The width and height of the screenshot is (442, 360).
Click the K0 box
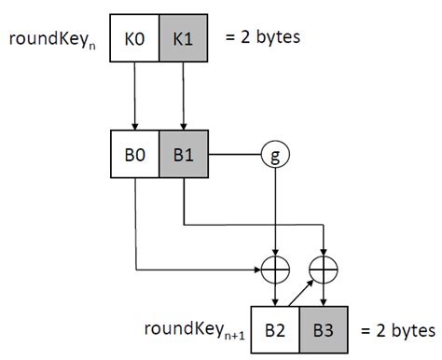[x=135, y=40]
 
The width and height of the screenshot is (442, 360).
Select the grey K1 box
[x=183, y=40]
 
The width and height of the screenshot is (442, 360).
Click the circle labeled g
[x=276, y=152]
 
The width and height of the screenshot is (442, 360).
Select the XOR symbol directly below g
[x=276, y=267]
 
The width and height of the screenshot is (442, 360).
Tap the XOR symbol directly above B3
[x=323, y=267]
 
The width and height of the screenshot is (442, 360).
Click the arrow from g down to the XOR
[x=276, y=210]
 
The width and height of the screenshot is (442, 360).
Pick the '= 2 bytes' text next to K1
[x=265, y=39]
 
